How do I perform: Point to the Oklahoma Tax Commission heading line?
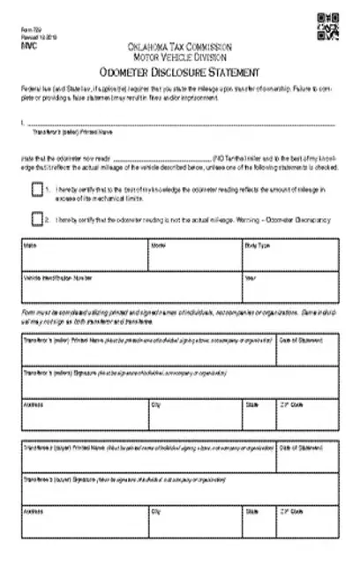tap(180, 45)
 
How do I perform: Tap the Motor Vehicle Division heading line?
tap(180, 56)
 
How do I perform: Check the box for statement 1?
tap(37, 190)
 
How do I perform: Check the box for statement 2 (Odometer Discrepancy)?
tap(37, 218)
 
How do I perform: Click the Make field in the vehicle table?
tap(85, 254)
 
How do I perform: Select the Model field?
tap(195, 254)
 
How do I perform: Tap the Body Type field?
tap(289, 254)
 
